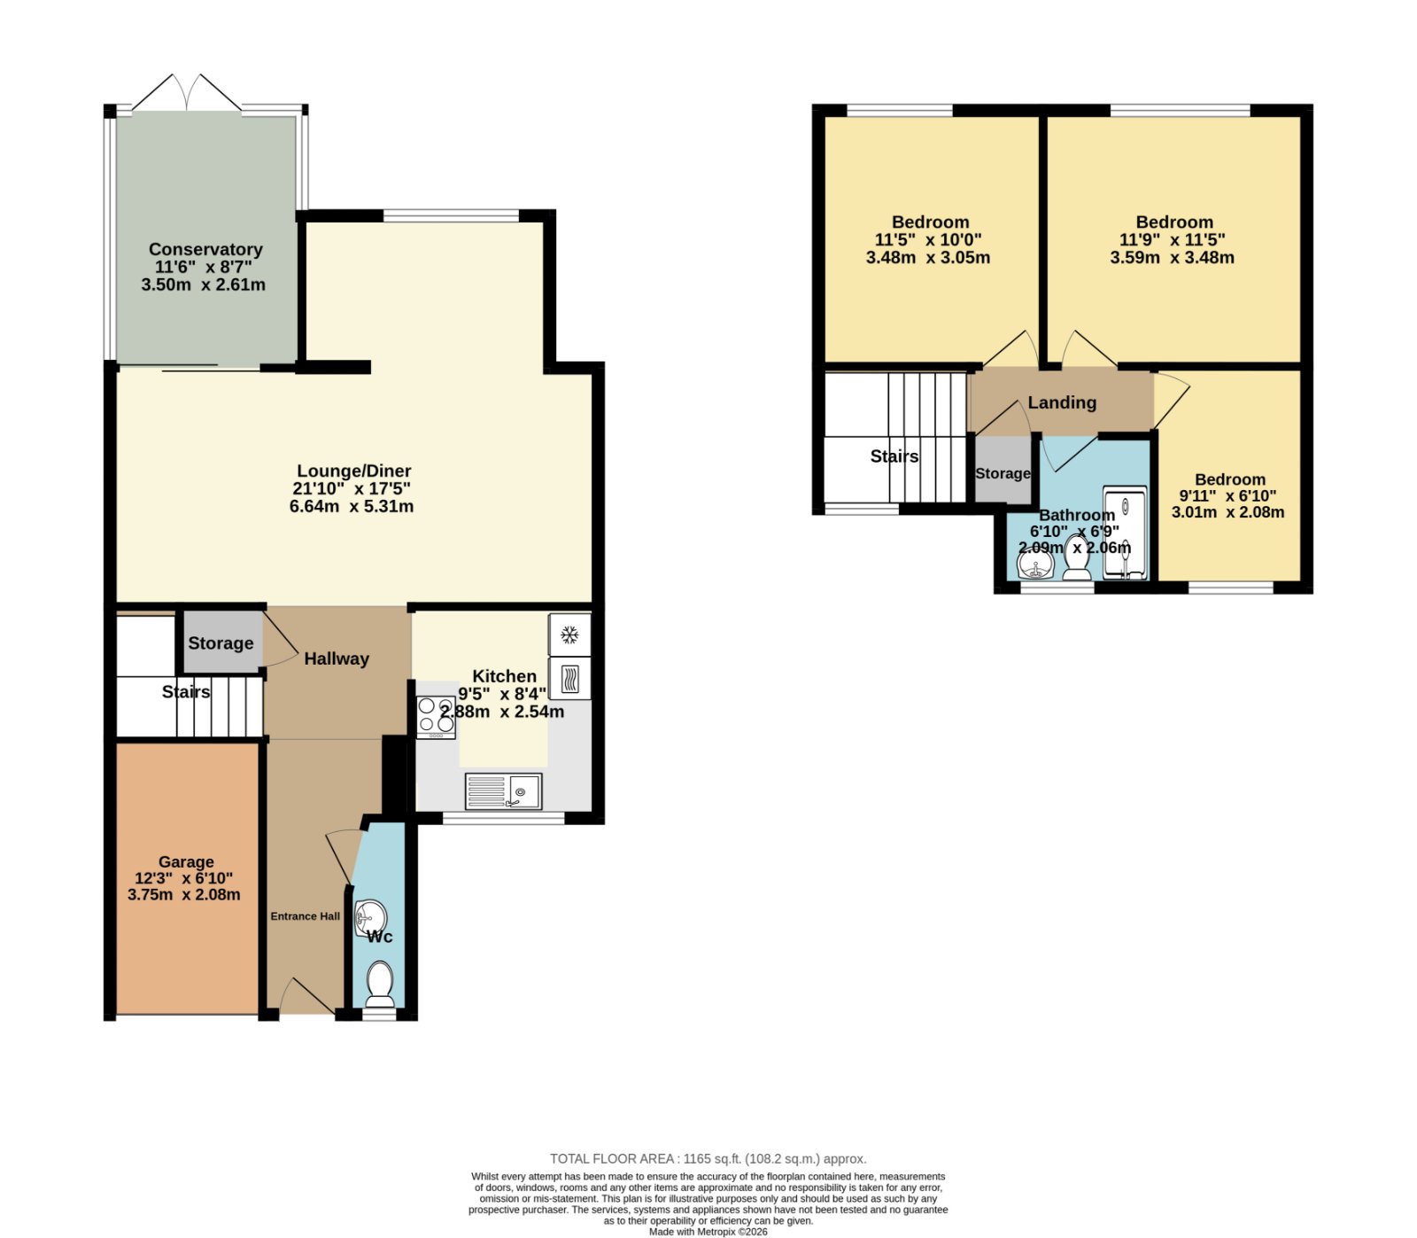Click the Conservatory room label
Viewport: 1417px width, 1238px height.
(205, 250)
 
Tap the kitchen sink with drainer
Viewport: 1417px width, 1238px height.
(503, 790)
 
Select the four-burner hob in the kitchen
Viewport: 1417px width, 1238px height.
(436, 717)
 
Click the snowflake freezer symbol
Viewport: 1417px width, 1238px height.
(569, 635)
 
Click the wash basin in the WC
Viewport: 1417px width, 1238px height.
(370, 916)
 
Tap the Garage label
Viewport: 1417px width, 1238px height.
(186, 861)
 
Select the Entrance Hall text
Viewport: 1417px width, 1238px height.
(305, 916)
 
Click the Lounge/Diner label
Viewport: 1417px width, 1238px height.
(353, 471)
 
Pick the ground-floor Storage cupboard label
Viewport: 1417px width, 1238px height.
(221, 643)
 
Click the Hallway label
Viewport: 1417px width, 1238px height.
(337, 658)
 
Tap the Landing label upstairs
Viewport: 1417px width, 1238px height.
(1062, 402)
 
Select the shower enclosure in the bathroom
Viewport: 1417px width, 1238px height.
(1125, 533)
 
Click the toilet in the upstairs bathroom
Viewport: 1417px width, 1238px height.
(1077, 557)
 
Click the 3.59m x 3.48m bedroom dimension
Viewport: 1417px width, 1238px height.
(1172, 258)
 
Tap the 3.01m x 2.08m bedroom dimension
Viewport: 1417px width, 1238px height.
(1227, 512)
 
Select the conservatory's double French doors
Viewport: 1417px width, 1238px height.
(187, 93)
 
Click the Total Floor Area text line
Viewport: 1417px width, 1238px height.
(708, 1158)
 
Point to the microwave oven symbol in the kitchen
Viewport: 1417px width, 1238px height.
(569, 679)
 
